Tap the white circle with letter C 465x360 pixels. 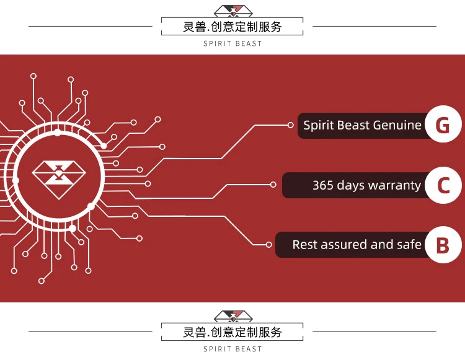[x=443, y=185]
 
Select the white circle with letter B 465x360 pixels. [x=443, y=245]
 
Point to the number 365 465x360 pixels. [x=323, y=185]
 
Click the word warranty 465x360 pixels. [x=394, y=185]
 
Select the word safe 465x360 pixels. [x=409, y=245]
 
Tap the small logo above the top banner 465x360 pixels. [x=232, y=11]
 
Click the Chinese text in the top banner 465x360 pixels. [x=232, y=27]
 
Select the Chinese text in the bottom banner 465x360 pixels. [x=232, y=332]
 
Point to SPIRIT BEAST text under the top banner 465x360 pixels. [x=232, y=44]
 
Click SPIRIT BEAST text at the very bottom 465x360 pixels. [x=232, y=349]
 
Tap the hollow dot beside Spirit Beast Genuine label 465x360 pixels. [x=291, y=125]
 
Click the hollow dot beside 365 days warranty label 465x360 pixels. [x=273, y=184]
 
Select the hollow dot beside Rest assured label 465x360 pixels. [x=268, y=245]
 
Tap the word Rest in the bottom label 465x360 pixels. [x=304, y=245]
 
